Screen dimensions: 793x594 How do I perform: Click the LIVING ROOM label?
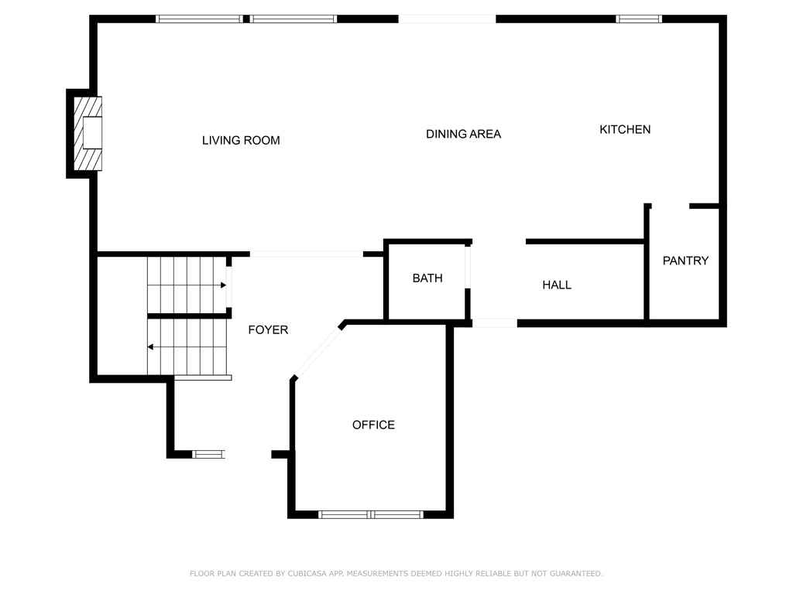241,141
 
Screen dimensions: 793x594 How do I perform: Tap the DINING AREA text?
463,134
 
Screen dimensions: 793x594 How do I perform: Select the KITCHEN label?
625,129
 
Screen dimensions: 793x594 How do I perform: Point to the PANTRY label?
685,261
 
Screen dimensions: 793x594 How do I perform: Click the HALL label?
557,285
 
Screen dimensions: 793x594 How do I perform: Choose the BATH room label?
427,278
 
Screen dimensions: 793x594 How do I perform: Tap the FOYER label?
268,329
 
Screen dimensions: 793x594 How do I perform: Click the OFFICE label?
373,425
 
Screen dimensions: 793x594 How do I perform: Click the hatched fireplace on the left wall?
88,133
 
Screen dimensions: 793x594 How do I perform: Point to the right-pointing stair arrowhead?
223,285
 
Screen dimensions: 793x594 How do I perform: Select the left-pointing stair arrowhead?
150,347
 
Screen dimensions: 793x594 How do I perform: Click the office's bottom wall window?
371,514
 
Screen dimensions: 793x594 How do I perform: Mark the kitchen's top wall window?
639,19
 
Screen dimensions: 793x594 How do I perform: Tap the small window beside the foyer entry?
208,455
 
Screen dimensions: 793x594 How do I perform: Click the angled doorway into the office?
318,352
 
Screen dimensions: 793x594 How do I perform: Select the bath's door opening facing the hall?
468,267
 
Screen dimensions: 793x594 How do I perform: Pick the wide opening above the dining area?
447,19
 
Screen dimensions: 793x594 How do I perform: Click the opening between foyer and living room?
307,254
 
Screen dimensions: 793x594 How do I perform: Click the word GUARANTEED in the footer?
576,573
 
